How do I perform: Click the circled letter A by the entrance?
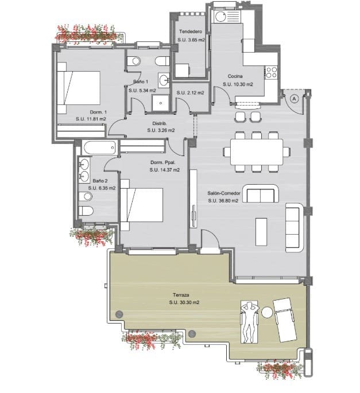(295, 99)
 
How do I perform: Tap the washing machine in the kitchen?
(221, 17)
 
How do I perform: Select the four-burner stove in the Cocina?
(271, 72)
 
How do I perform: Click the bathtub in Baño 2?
(99, 147)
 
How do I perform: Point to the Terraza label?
(181, 295)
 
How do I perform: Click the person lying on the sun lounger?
(249, 322)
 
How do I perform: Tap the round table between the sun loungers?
(267, 313)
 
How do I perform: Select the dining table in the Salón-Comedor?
(257, 152)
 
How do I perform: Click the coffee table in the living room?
(261, 232)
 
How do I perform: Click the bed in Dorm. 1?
(79, 88)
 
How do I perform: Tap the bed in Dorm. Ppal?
(142, 205)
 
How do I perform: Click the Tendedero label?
(191, 32)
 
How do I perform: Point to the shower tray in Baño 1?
(161, 103)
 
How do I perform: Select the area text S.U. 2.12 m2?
(190, 93)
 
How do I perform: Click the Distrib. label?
(160, 123)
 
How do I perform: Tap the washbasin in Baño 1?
(164, 80)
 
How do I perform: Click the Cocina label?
(235, 76)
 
